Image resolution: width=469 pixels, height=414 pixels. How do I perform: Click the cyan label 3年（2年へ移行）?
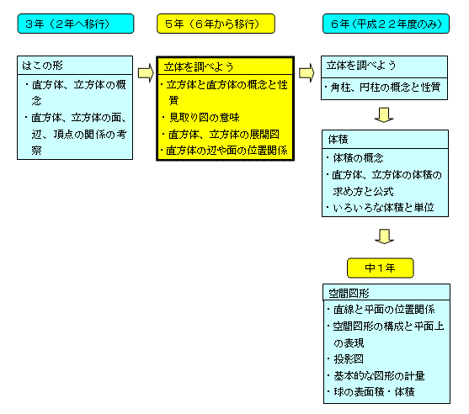[x=76, y=24]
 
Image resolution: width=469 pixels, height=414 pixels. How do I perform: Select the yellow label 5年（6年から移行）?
[x=216, y=24]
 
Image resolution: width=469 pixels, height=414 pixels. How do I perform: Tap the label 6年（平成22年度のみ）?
[x=386, y=24]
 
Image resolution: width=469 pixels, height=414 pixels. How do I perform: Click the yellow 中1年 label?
[x=380, y=268]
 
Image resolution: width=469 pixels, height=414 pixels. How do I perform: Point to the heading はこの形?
[x=42, y=66]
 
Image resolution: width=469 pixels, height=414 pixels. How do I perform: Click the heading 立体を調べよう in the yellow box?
[x=199, y=66]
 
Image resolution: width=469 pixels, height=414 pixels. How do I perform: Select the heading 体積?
[x=338, y=140]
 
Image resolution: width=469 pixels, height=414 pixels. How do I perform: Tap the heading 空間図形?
[x=349, y=293]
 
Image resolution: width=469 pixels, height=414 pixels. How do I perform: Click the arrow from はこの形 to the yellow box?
[x=146, y=72]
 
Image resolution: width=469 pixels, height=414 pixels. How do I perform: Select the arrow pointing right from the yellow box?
[x=306, y=72]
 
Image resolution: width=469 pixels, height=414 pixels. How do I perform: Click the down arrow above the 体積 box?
[x=384, y=114]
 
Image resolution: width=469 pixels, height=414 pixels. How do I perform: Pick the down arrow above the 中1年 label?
[x=384, y=236]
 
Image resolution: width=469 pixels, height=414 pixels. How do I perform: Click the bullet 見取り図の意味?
[x=201, y=118]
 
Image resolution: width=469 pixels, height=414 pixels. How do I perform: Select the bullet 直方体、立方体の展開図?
[x=221, y=135]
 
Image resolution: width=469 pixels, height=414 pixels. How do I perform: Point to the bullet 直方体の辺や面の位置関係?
[x=224, y=151]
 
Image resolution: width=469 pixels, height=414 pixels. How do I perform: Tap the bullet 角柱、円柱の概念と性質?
[x=382, y=88]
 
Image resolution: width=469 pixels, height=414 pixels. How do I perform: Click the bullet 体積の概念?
[x=355, y=158]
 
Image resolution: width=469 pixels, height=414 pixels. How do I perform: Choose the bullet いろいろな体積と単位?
[x=380, y=207]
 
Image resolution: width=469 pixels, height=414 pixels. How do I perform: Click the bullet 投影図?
[x=345, y=359]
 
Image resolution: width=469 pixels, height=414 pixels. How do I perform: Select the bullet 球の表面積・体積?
[x=370, y=391]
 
